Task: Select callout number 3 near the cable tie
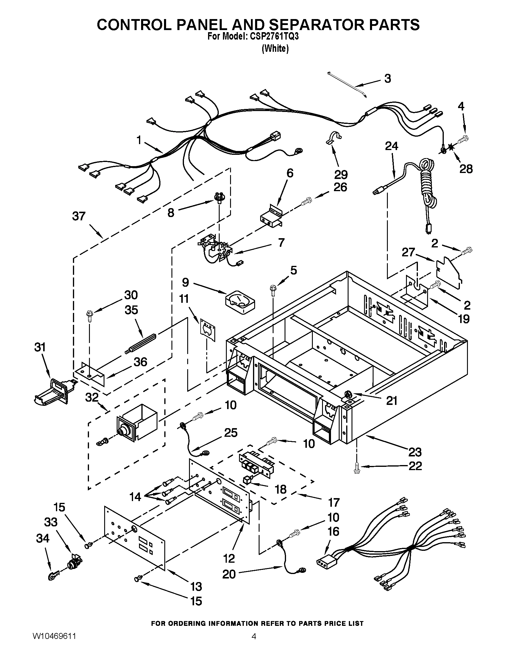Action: tap(388, 79)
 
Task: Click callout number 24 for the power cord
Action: tap(391, 146)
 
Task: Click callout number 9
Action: tap(185, 282)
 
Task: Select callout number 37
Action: tap(79, 216)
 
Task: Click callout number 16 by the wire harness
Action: tap(333, 540)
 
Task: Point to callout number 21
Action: tap(391, 401)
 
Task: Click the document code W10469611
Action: tap(54, 642)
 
